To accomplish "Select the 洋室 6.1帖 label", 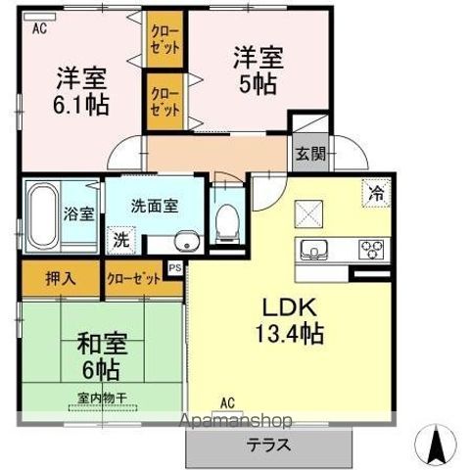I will (80, 88).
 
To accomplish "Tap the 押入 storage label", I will (60, 279).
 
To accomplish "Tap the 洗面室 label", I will (155, 206).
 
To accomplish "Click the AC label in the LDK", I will (226, 402).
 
